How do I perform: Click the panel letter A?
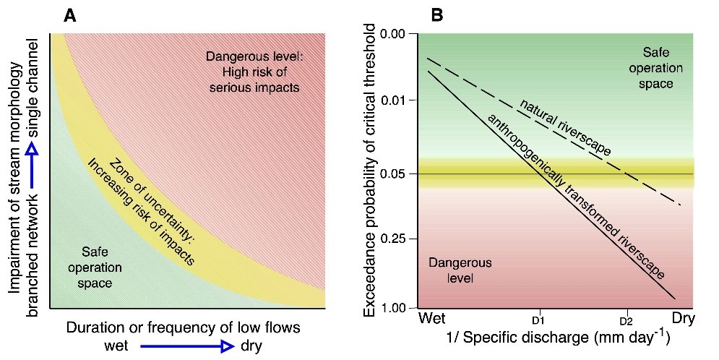click(x=70, y=15)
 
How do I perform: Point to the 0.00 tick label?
click(x=395, y=34)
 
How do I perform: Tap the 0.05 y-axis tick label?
click(x=395, y=174)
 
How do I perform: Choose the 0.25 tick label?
click(x=395, y=239)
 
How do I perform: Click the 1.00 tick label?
click(x=395, y=309)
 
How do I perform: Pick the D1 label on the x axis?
click(x=538, y=320)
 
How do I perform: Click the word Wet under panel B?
click(x=431, y=319)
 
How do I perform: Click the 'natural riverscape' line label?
click(x=565, y=127)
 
